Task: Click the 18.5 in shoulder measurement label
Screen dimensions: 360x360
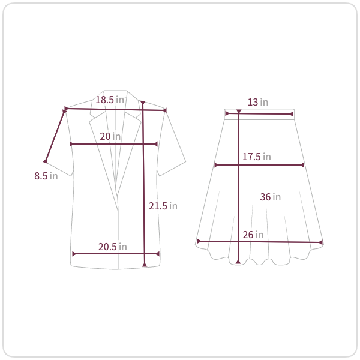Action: tap(110, 100)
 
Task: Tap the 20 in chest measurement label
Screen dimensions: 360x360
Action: tap(110, 136)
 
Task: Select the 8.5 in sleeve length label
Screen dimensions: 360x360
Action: tap(46, 176)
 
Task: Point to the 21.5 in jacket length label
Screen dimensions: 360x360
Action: tap(163, 206)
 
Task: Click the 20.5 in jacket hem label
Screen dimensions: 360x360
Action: tap(113, 247)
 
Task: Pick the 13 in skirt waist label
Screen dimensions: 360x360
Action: tap(258, 102)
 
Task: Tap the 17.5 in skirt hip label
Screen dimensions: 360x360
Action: tap(257, 157)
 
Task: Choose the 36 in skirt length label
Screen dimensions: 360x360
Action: tap(270, 197)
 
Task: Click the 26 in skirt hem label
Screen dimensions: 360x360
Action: tap(253, 235)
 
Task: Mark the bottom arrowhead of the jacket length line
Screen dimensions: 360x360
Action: tap(145, 265)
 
